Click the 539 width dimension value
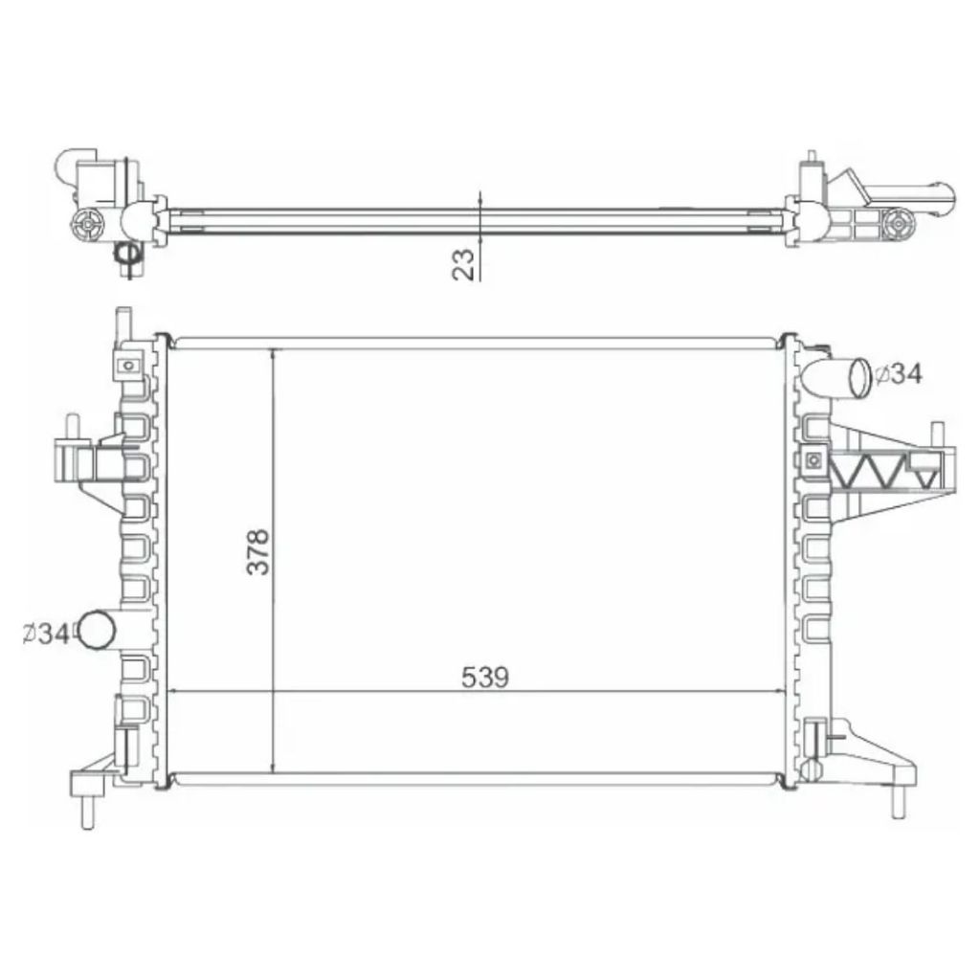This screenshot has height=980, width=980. coord(485,678)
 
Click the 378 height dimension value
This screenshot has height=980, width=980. coord(258,552)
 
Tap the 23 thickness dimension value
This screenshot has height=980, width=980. coord(464,264)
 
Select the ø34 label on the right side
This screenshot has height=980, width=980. coord(898,374)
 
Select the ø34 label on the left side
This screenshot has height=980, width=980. coord(46,635)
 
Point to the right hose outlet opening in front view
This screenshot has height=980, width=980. coord(859,377)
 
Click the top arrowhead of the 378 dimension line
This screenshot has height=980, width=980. coord(273,355)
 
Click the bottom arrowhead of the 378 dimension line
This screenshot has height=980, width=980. coord(273,767)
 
